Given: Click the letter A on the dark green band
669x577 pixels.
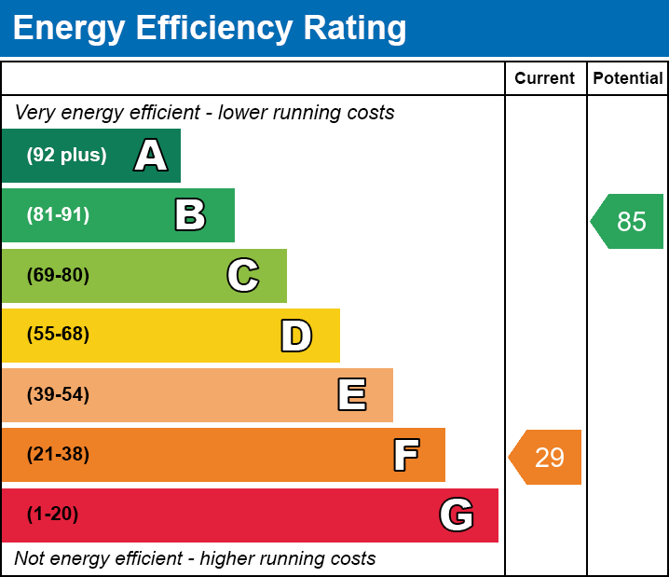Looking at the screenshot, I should click(151, 156).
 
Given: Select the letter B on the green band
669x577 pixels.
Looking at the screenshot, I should click(190, 215).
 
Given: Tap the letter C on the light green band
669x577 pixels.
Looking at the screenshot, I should click(242, 275).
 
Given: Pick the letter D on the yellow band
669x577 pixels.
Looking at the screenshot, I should click(296, 336).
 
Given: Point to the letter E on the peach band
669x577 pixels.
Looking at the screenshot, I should click(351, 395).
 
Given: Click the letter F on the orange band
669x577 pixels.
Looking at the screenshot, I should click(405, 455).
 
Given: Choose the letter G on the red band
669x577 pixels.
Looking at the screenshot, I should click(457, 515).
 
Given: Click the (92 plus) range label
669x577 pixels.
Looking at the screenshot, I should click(66, 156).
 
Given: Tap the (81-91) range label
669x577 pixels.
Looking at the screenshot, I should click(58, 215).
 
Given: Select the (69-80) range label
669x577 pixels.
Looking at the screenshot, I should click(58, 275).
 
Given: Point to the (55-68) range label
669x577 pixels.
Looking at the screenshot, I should click(58, 335).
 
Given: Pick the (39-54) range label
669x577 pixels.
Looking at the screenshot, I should click(58, 394).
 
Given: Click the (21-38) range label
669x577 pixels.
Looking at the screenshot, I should click(58, 455).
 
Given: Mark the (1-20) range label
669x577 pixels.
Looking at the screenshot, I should click(53, 515).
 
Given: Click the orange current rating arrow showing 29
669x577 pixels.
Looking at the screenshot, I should click(547, 458).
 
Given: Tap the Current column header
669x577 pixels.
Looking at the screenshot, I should click(545, 78).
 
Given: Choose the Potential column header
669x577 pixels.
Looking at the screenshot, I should click(628, 78).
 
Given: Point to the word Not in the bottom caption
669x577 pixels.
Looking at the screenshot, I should click(29, 559).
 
